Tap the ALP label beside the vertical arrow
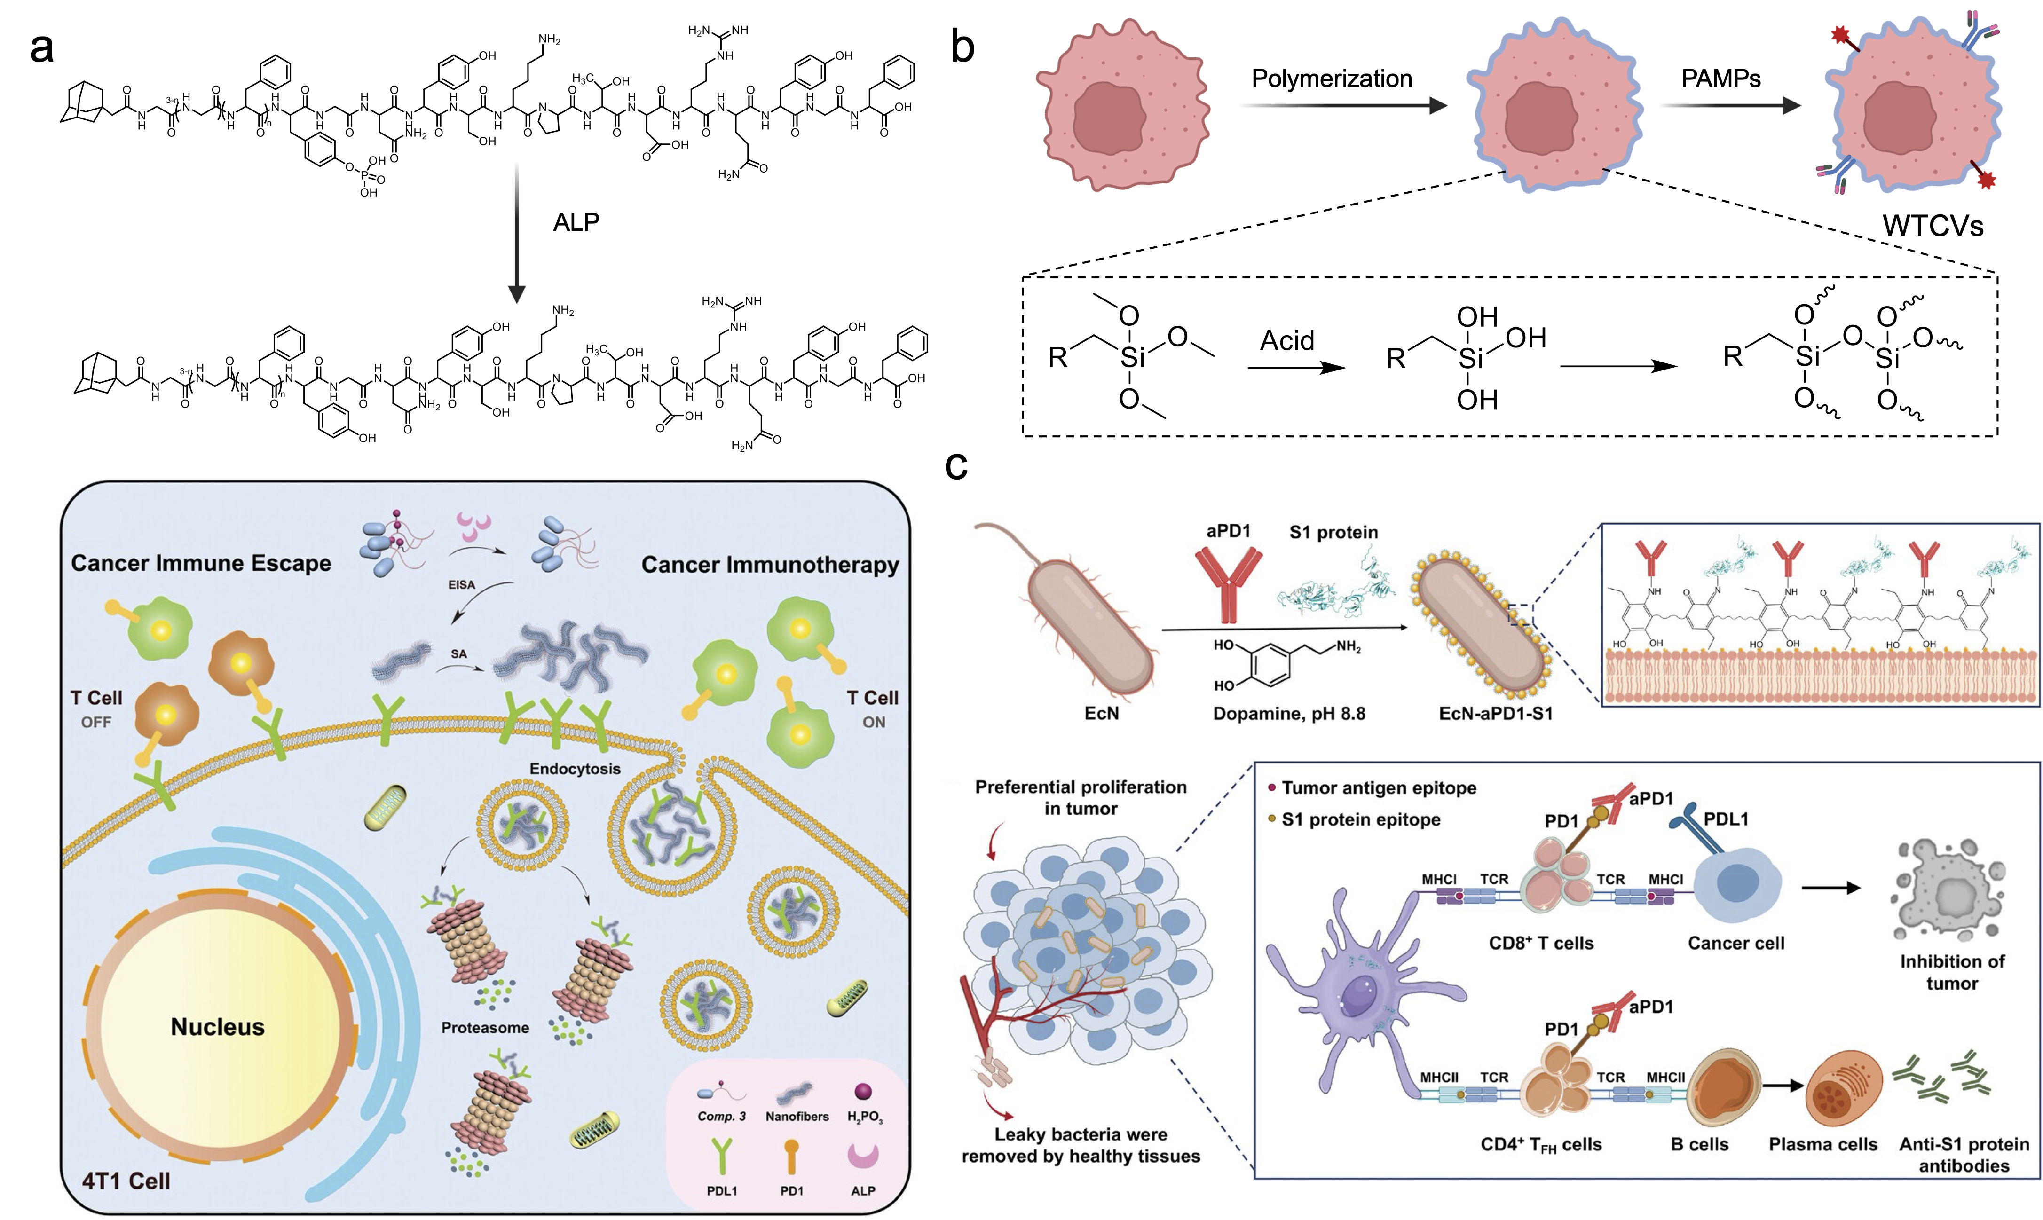576,222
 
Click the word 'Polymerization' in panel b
1331,79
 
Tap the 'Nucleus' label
217,1027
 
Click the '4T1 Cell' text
126,1181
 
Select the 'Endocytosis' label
575,769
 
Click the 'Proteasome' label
485,1028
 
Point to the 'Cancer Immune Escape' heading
201,563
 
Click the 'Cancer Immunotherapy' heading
770,565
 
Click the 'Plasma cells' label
1822,1144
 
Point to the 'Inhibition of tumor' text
1952,972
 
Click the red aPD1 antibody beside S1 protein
1227,585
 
